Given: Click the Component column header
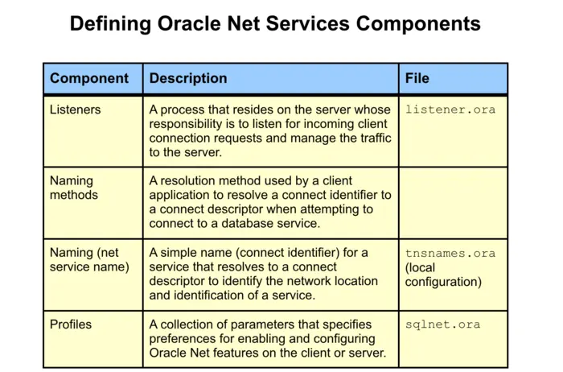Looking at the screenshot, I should (x=88, y=79).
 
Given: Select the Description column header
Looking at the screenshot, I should (x=188, y=79).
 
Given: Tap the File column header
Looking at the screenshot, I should (x=417, y=79).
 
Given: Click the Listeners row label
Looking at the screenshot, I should (x=75, y=110).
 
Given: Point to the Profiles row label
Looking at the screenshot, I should (x=71, y=324).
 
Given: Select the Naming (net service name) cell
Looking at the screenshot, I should (x=88, y=259).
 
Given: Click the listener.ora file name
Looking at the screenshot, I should (x=450, y=110).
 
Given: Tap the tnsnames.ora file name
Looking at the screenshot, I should (x=450, y=253).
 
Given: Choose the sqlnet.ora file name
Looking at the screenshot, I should (x=443, y=324).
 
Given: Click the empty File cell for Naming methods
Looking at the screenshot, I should (x=454, y=201).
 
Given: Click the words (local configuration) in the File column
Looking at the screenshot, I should (x=443, y=275).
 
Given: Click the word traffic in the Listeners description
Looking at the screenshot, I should (x=370, y=138).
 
